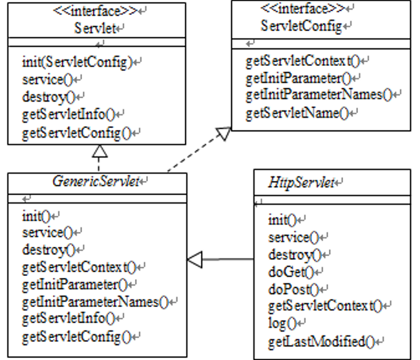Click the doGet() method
[288, 270]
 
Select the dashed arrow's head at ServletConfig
[222, 133]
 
